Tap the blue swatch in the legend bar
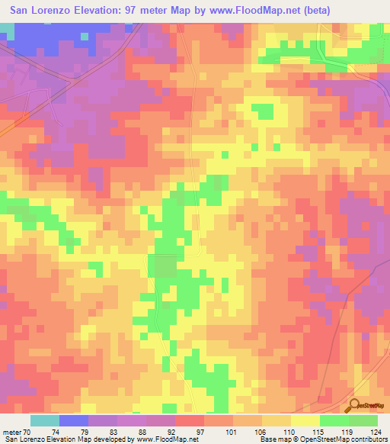[x=74, y=420]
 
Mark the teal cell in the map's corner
[x=7, y=29]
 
